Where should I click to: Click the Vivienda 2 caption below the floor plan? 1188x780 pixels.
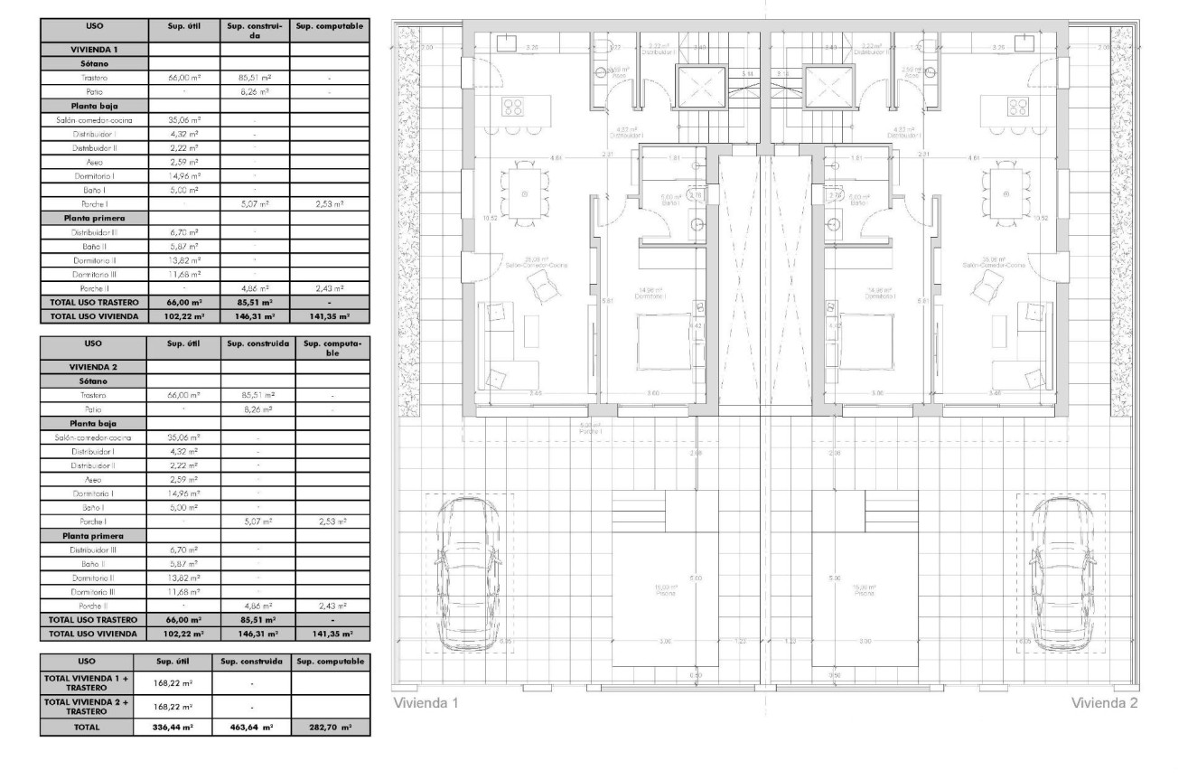pyautogui.click(x=1104, y=703)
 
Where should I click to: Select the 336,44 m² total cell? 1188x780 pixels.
pyautogui.click(x=172, y=726)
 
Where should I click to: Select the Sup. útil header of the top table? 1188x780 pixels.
pyautogui.click(x=182, y=28)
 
